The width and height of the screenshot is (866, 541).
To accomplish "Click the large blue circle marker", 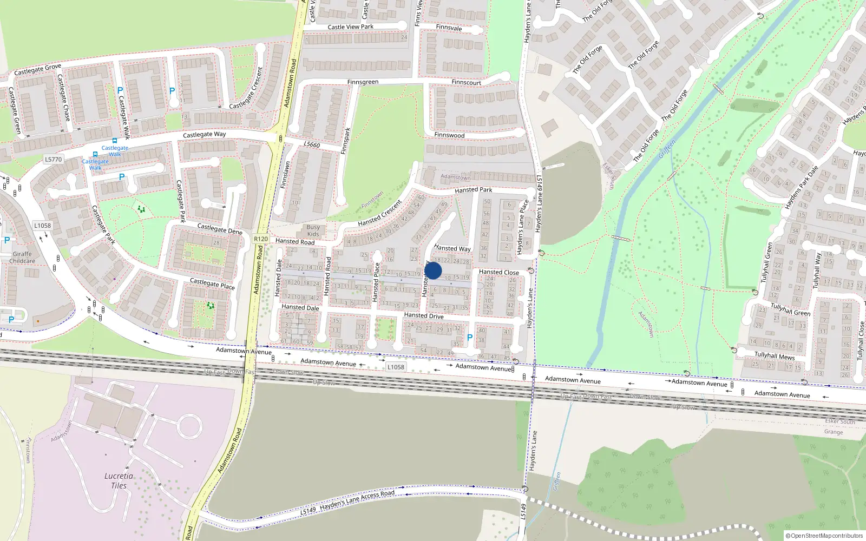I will tap(433, 270).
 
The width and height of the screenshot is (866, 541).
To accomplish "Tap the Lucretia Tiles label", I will tap(119, 480).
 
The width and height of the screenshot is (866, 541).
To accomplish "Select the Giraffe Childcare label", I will tap(22, 258).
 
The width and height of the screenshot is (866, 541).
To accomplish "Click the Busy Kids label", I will tap(313, 230).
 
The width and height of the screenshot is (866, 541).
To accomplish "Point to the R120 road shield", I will tap(261, 239).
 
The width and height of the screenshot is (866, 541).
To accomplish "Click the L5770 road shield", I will tap(54, 160).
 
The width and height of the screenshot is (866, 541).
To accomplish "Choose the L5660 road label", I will tap(312, 144).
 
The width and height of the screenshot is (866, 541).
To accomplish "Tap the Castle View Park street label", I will tap(350, 27).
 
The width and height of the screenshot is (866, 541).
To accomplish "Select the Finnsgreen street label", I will tap(363, 82).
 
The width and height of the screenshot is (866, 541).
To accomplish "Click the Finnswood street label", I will tap(449, 135).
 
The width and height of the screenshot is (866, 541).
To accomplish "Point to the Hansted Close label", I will tap(498, 272).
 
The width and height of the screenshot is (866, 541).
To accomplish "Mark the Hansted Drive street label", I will tap(423, 315).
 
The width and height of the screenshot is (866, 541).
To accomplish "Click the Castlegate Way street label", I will tap(204, 134).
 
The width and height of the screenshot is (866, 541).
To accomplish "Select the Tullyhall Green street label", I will tap(790, 309).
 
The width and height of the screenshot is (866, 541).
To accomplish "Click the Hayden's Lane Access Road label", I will tap(357, 500).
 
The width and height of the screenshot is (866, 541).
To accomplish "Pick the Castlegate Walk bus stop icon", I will tap(115, 140).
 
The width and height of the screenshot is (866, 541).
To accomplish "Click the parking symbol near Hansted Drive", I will tap(470, 338).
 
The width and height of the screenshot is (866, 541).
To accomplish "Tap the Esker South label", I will tap(840, 421).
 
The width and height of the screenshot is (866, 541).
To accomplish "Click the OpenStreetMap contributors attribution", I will tap(824, 536).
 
